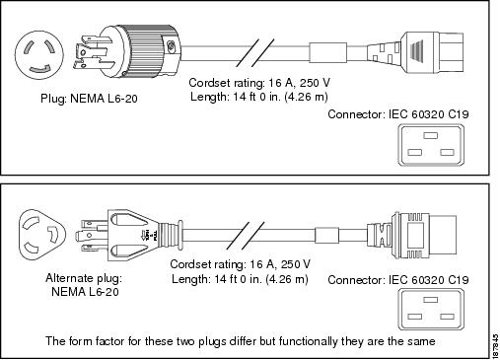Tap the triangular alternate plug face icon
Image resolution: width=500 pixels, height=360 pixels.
[42, 235]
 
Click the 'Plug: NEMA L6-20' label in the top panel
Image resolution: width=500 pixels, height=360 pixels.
[89, 99]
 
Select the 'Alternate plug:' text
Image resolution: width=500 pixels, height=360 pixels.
[84, 278]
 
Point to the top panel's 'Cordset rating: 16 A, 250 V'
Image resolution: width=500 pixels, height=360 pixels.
[259, 83]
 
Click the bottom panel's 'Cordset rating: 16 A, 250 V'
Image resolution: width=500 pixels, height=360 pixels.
[241, 264]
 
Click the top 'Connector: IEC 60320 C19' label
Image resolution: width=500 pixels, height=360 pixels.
[398, 114]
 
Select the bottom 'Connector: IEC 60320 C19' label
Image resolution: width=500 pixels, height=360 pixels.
[398, 280]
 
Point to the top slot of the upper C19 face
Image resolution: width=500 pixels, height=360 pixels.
[431, 135]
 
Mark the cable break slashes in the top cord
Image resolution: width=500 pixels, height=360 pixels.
[255, 52]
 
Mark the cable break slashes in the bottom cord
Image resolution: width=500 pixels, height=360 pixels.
[246, 236]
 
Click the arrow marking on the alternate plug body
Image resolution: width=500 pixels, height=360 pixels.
[144, 235]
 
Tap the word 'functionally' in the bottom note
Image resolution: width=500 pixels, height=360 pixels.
[309, 341]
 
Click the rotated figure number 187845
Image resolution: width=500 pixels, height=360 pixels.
[495, 346]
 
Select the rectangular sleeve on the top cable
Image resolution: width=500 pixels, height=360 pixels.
[328, 52]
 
